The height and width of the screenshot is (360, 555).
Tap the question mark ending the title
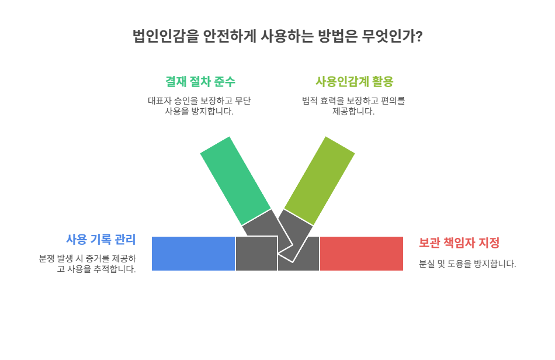419,36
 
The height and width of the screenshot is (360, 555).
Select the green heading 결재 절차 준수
200,81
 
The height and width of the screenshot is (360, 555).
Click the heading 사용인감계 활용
354,81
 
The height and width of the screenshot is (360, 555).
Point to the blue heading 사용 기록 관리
100,239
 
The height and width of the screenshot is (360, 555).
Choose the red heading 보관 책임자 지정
459,243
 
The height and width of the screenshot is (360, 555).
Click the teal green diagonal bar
235,181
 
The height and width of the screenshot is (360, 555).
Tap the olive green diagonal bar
320,181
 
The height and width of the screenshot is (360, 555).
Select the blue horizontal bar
193,254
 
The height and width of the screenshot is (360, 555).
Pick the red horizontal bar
362,254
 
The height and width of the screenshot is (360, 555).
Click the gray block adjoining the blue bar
256,254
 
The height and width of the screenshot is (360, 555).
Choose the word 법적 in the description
310,101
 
